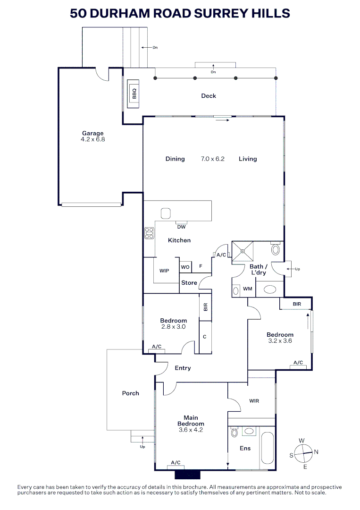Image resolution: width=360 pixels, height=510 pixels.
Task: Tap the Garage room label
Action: [x=92, y=134]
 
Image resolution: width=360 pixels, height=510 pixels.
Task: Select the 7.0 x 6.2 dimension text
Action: [x=212, y=159]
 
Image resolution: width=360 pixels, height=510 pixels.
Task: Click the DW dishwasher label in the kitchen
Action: [x=181, y=227]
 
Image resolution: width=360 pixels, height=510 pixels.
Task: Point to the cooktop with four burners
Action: [x=150, y=233]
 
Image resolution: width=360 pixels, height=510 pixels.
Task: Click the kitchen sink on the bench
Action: [x=166, y=213]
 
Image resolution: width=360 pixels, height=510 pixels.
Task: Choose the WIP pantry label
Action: [x=164, y=271]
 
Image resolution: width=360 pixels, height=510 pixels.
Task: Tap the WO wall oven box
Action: [x=185, y=267]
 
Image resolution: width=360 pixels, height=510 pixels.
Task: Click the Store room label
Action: [x=189, y=283]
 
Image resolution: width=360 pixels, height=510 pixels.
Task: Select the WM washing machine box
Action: [x=247, y=289]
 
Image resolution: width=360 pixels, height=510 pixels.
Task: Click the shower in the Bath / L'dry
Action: [x=243, y=251]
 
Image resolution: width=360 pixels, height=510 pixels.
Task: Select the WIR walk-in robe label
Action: [x=254, y=401]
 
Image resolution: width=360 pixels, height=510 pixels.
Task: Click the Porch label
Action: [x=131, y=393]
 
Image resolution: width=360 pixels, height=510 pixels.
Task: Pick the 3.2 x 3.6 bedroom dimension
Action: [x=280, y=340]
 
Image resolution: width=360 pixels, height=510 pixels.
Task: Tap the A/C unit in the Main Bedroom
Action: [x=176, y=463]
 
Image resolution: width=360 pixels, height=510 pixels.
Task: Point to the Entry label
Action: [x=183, y=368]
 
